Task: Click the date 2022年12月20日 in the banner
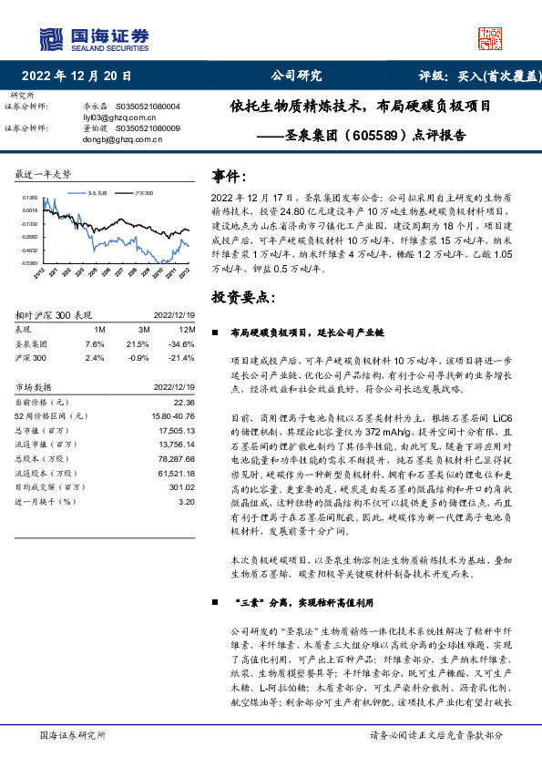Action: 77,77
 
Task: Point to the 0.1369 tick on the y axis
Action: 31,198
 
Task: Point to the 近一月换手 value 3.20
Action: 187,501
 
